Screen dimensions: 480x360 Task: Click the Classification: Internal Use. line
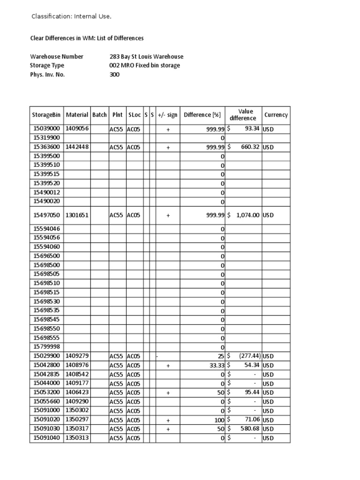(x=71, y=16)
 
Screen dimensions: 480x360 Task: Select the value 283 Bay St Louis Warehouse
(x=146, y=57)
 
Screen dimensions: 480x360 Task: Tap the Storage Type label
(x=47, y=66)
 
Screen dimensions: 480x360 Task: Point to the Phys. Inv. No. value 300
(x=114, y=75)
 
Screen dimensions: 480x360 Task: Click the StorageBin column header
(x=46, y=115)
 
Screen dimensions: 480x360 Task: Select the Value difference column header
(x=243, y=115)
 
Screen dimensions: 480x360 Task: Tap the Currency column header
(x=276, y=115)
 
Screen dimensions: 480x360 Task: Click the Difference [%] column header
(x=202, y=115)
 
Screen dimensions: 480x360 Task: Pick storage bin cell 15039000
(x=46, y=128)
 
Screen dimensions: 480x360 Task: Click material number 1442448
(x=77, y=147)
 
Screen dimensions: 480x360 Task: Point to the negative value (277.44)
(x=247, y=356)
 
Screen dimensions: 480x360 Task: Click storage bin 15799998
(x=46, y=347)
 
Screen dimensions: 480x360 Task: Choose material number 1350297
(x=77, y=420)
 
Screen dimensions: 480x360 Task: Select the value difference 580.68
(x=248, y=429)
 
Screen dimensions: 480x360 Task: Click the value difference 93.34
(x=252, y=128)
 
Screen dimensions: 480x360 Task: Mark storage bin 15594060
(x=46, y=247)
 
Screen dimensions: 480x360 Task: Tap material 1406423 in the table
(x=77, y=392)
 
